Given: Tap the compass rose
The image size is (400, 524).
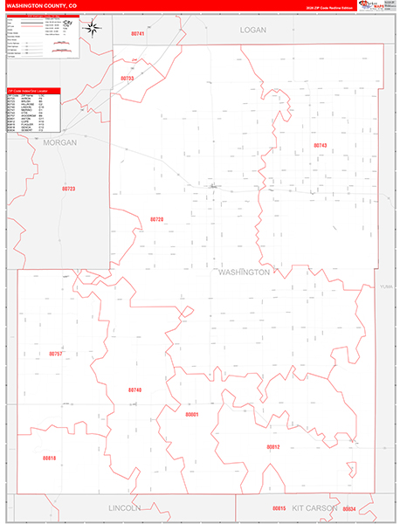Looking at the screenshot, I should click(x=92, y=27).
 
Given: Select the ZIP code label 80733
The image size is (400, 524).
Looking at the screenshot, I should click(x=128, y=79).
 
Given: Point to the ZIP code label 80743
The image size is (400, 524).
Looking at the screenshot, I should click(x=320, y=145).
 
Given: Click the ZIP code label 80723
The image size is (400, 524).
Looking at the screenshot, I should click(x=69, y=189).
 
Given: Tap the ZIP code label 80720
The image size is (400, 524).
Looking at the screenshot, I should click(x=157, y=219).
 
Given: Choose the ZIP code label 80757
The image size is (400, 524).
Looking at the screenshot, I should click(x=55, y=354).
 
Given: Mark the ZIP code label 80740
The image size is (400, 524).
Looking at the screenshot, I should click(x=134, y=390).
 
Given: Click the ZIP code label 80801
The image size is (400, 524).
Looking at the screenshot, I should click(x=193, y=415).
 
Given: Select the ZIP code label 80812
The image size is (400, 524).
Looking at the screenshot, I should click(x=273, y=447).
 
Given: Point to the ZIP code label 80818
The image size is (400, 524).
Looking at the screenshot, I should click(x=49, y=458).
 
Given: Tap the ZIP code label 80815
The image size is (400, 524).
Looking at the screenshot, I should click(x=279, y=507).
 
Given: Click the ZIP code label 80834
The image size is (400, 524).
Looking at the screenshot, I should click(x=350, y=508).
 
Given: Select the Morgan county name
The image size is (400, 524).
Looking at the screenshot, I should click(x=60, y=141).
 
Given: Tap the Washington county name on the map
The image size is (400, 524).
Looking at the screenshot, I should click(x=244, y=272).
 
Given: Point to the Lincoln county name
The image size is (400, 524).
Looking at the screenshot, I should click(x=124, y=507).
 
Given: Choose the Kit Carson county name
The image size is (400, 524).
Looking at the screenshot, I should click(x=315, y=507).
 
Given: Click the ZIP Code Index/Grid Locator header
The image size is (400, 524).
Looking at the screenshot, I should click(x=33, y=90).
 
